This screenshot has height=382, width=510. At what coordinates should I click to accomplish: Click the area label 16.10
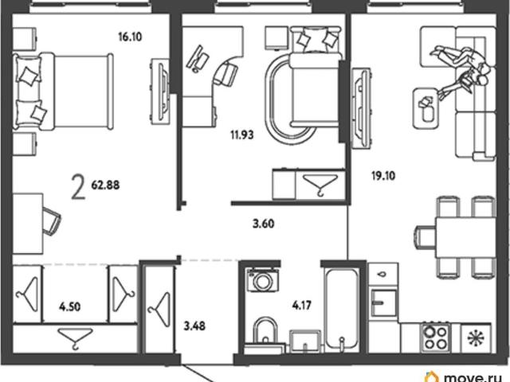click(130, 37)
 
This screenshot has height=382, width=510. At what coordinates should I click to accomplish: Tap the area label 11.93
click(242, 134)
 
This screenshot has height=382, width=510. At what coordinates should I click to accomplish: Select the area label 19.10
click(383, 176)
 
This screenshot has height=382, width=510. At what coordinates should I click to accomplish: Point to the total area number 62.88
click(105, 185)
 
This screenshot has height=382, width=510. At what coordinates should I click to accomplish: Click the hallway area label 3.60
click(264, 224)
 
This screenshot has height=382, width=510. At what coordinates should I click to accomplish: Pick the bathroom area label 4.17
click(302, 306)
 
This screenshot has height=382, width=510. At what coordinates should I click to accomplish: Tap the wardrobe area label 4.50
click(70, 306)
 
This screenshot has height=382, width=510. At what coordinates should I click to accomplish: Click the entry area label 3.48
click(194, 325)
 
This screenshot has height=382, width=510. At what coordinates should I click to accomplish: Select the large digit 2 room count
click(78, 186)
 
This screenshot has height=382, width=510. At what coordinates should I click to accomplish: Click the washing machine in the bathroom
click(262, 279)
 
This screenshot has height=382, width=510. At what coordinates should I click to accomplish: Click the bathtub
click(342, 309)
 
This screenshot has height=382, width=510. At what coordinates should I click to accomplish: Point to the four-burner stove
click(436, 337)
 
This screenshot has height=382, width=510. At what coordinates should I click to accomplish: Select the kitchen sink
click(384, 302)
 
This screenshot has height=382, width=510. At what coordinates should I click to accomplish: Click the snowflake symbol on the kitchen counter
click(476, 337)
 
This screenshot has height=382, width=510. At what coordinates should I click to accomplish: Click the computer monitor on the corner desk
click(198, 59)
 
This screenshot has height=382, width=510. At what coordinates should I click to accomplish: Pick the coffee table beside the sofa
click(426, 108)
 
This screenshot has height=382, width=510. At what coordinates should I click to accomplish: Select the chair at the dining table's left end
click(425, 237)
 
